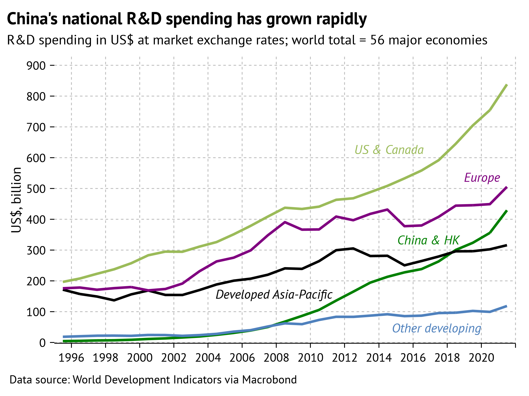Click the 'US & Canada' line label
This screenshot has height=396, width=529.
pyautogui.click(x=389, y=150)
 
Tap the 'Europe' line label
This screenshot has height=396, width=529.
pyautogui.click(x=482, y=178)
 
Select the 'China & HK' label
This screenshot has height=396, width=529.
pyautogui.click(x=428, y=240)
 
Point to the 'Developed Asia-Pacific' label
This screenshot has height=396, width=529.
pyautogui.click(x=274, y=295)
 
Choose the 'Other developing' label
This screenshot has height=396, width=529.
pyautogui.click(x=436, y=328)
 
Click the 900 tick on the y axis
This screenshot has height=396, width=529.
pyautogui.click(x=36, y=66)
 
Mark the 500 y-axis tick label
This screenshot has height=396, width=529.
pyautogui.click(x=36, y=189)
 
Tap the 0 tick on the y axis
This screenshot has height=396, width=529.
pyautogui.click(x=42, y=343)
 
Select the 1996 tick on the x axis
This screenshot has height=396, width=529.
pyautogui.click(x=71, y=358)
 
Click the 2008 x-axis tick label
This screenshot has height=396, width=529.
pyautogui.click(x=276, y=358)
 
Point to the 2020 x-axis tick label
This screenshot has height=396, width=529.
pyautogui.click(x=481, y=358)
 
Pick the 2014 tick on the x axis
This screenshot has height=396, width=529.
pyautogui.click(x=379, y=358)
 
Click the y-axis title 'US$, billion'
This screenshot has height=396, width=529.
pyautogui.click(x=17, y=200)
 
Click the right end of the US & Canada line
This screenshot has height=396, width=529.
pyautogui.click(x=507, y=85)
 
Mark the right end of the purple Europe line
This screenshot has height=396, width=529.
pyautogui.click(x=507, y=187)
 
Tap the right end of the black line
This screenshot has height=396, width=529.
pyautogui.click(x=507, y=245)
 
